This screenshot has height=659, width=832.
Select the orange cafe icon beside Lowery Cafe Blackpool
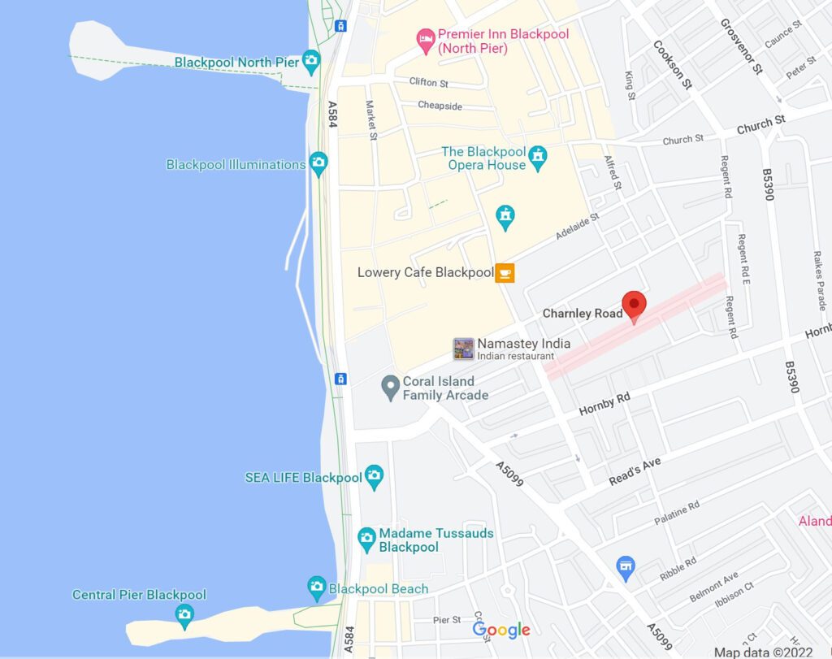505,273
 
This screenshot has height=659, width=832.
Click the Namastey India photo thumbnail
463,349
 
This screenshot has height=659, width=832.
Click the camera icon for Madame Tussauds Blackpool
366,536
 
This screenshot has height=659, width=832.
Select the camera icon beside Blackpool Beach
317,586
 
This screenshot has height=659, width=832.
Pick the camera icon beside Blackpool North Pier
310,59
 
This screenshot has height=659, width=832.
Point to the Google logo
501,630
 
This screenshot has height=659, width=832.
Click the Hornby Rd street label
604,404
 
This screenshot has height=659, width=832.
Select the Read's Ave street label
635,472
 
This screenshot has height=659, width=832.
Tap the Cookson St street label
672,64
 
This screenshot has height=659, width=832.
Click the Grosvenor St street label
741,46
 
